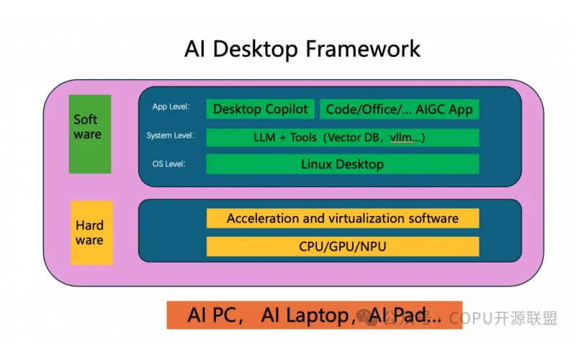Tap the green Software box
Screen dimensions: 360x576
pyautogui.click(x=89, y=134)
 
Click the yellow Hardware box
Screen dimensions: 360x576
pyautogui.click(x=91, y=233)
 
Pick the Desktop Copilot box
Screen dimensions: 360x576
pyautogui.click(x=261, y=109)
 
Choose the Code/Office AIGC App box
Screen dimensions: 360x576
pyautogui.click(x=399, y=109)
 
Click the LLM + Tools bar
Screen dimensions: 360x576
pyautogui.click(x=342, y=138)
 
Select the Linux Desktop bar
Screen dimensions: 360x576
pyautogui.click(x=342, y=164)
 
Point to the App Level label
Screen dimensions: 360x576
pyautogui.click(x=171, y=107)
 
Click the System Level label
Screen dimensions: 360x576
pyautogui.click(x=170, y=135)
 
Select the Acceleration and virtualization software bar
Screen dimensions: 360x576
pyautogui.click(x=342, y=218)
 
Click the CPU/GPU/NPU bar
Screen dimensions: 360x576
pyautogui.click(x=342, y=246)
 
